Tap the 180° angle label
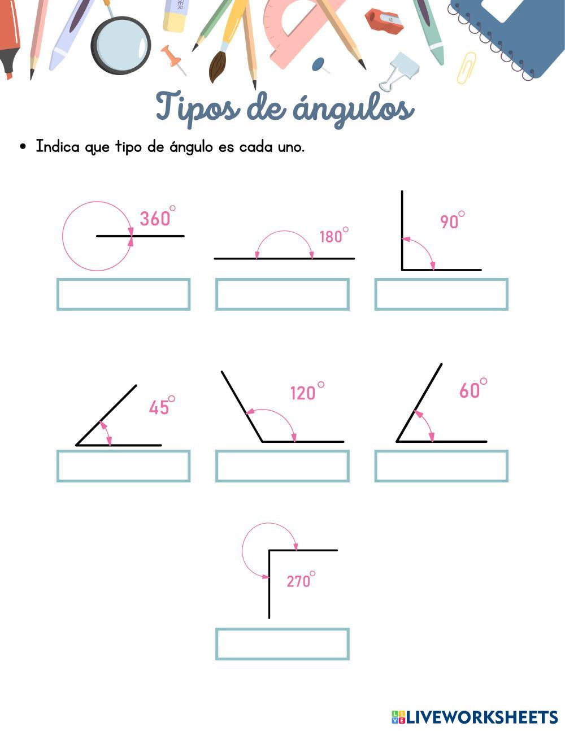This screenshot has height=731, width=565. pos(333,235)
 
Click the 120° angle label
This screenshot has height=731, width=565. pos(307,391)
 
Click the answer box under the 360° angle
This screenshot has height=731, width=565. pos(123,294)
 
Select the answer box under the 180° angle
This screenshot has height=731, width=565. pos(282,294)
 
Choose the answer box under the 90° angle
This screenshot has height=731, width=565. pos(441,294)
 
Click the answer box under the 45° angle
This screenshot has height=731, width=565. pos(123,466)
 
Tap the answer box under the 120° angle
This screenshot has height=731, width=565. pos(282,466)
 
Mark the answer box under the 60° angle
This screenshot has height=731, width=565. pos(441,466)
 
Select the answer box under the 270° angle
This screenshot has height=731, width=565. pos(282,644)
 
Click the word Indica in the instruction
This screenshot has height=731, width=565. pos(58,147)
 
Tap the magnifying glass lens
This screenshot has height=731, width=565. pos(121,45)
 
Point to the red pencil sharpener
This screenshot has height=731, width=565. pos(384,21)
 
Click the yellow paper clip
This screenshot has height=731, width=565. pos(466,68)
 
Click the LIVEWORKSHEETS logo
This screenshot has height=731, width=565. pos(475,717)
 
